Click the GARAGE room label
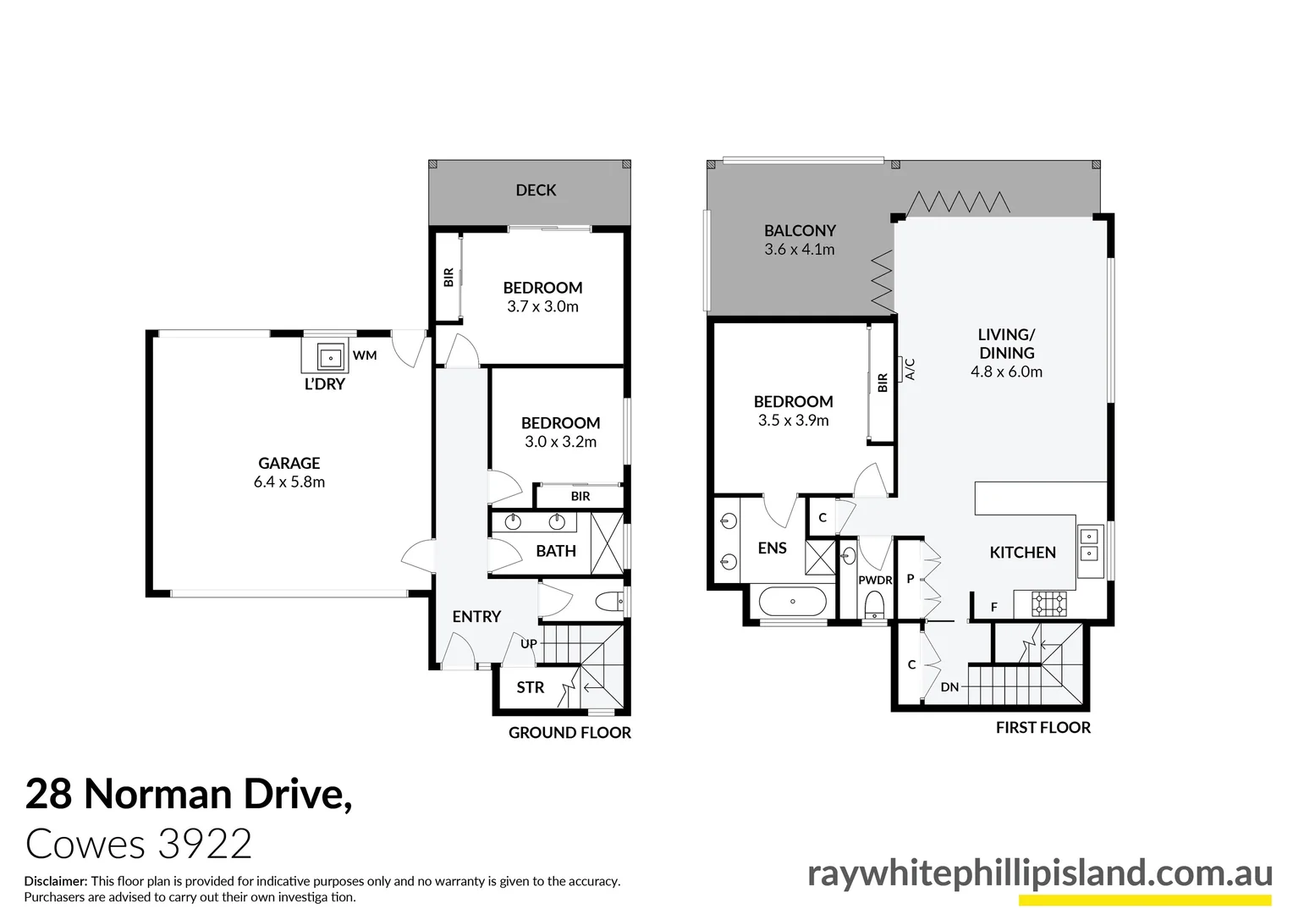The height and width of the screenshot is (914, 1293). (289, 463)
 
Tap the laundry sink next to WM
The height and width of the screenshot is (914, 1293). (330, 359)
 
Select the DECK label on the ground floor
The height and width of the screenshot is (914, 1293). (536, 190)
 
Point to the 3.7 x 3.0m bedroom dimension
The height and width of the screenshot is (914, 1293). (542, 307)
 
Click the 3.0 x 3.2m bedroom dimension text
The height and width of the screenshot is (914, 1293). (560, 442)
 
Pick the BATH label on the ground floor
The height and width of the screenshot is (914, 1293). (556, 551)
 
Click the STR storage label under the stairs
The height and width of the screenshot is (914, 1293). (531, 687)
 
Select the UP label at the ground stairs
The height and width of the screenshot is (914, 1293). (529, 644)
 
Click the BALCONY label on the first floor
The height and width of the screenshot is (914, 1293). (800, 230)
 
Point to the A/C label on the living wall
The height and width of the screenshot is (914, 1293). (911, 369)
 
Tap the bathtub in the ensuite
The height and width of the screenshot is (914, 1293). (792, 602)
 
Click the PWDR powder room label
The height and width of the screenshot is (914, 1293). (875, 581)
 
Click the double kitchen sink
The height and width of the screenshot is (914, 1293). (1090, 545)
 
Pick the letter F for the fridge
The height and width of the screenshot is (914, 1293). (994, 607)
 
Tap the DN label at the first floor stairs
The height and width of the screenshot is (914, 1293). (949, 687)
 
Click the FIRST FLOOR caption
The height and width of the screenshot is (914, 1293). (1043, 727)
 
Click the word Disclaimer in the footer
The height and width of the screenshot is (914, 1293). (56, 881)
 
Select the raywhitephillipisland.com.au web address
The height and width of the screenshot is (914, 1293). (1040, 873)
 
